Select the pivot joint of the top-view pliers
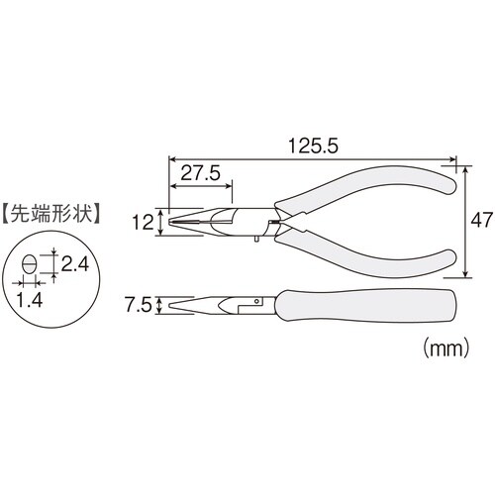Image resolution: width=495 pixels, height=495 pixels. pyautogui.click(x=277, y=221)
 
